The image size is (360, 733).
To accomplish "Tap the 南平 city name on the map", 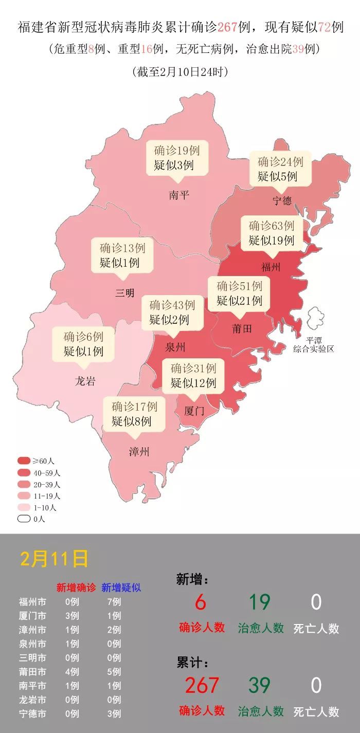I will coord(179,195).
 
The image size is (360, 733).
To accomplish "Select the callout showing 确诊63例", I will coord(271,233).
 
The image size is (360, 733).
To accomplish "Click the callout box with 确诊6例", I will coord(83,344).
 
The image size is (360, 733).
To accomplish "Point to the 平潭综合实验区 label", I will coord(314,345).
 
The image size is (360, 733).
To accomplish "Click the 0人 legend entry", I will coord(24,519).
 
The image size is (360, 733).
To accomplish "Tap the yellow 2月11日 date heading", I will coord(54,559).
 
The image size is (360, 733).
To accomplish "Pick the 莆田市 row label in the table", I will coord(32,672).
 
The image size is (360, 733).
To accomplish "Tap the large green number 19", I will coord(260,602).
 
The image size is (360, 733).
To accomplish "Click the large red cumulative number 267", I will coord(202,685).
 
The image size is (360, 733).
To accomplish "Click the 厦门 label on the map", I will coord(194,411).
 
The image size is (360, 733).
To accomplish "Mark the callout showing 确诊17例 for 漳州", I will coord(134,414).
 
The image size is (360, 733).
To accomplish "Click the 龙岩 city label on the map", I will coord(85,381).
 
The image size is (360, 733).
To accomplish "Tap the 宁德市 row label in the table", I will coord(32,713).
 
